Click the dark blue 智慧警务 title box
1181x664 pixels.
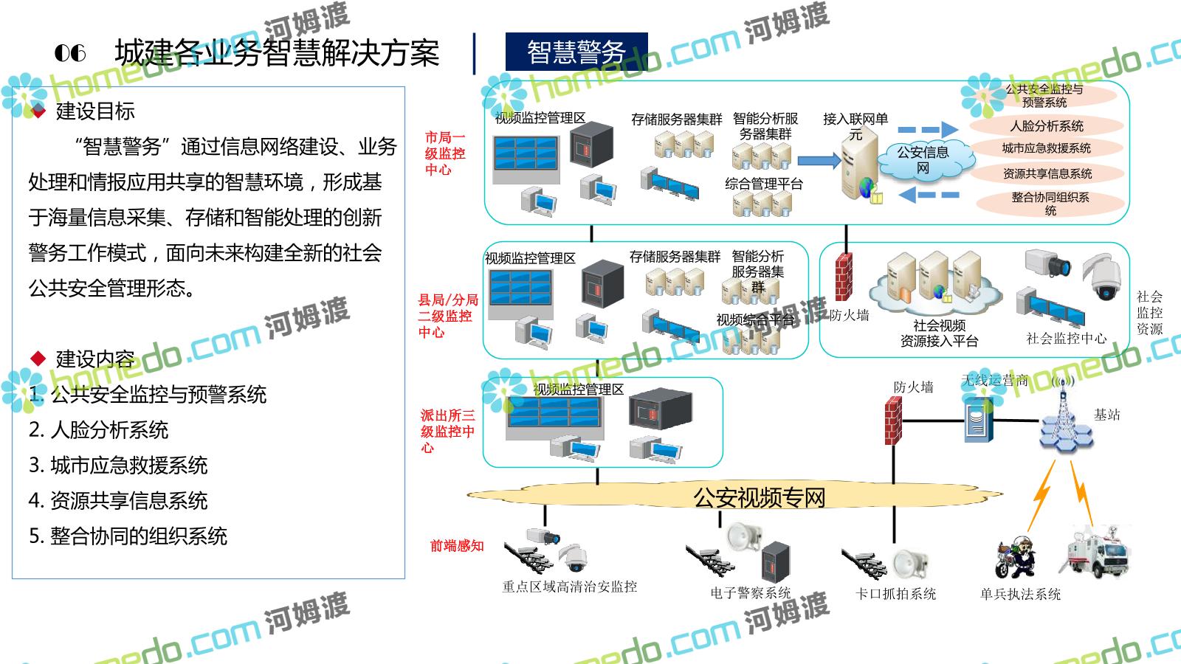point(576,52)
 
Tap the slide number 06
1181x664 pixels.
point(70,52)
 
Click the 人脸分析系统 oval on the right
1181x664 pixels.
point(1046,125)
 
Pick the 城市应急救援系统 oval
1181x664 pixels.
point(1046,148)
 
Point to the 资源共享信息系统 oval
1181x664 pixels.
point(1047,173)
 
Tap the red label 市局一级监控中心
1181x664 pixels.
point(445,153)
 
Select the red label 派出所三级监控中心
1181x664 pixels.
point(447,431)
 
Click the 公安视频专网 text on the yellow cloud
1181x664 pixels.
point(759,497)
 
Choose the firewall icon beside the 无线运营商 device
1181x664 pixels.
point(894,421)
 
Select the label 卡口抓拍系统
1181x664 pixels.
point(895,594)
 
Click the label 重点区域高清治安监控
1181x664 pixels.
point(569,587)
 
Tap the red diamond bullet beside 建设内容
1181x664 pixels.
point(38,359)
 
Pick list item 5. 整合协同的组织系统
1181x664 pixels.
point(128,536)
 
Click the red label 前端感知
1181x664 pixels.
point(457,546)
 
